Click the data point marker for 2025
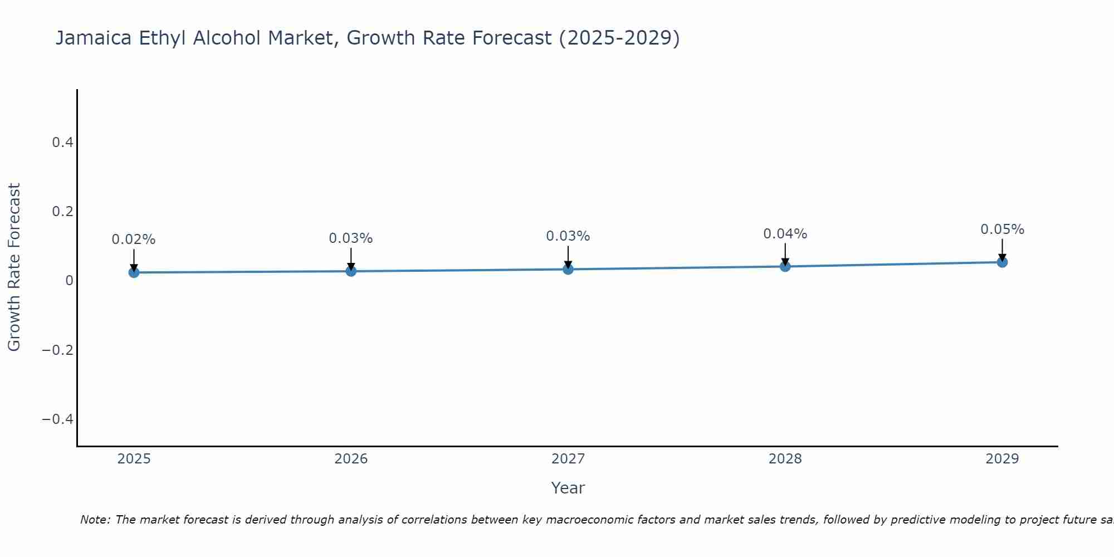(134, 272)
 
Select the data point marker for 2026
(351, 271)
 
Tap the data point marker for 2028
(785, 266)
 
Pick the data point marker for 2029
(1002, 262)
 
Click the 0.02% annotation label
(134, 240)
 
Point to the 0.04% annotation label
(785, 234)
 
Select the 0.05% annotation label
(1002, 229)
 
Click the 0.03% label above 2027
(568, 236)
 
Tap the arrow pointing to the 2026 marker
(351, 258)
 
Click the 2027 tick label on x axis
(568, 459)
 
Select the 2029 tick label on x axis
(1002, 459)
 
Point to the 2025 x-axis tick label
(134, 459)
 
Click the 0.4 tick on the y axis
(62, 143)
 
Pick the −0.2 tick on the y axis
(57, 350)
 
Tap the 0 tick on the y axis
(69, 281)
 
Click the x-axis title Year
(568, 488)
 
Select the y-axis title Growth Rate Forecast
(14, 267)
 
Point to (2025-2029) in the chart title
(619, 38)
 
